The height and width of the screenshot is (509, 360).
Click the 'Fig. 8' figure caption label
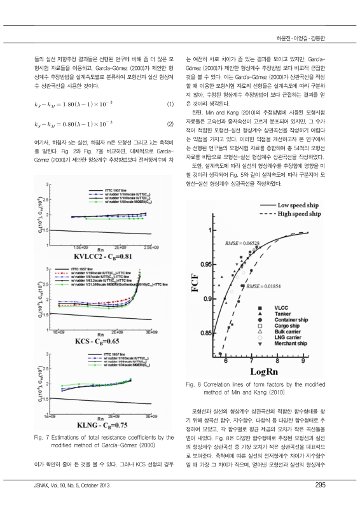tap(193, 384)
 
